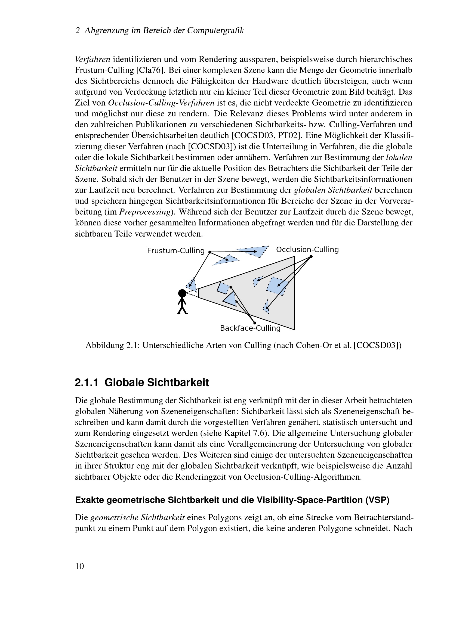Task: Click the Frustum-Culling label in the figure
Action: coord(175,251)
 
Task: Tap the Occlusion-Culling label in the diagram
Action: coord(307,250)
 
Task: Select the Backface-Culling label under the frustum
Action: coord(250,328)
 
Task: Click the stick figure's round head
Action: coord(182,293)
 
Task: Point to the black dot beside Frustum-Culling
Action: coord(210,252)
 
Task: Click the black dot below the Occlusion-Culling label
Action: coord(311,256)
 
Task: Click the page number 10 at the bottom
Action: coord(79,566)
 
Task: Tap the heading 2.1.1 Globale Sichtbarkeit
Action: coord(141,383)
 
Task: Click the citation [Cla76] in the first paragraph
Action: coord(150,70)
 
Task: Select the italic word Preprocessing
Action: coord(145,212)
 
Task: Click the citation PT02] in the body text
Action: coord(289,135)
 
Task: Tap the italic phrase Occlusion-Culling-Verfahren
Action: coord(161,103)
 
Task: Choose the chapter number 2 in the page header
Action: coord(78,31)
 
